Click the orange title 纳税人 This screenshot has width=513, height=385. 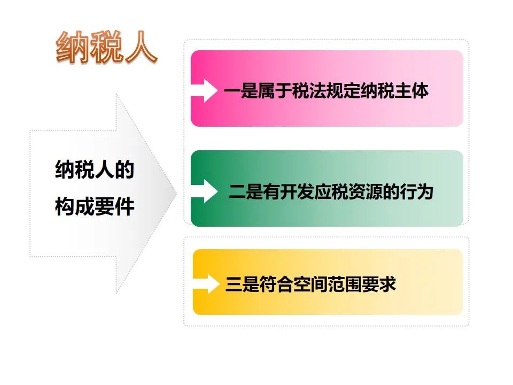click(106, 47)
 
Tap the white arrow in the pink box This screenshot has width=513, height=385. click(204, 90)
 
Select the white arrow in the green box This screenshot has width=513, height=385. click(204, 191)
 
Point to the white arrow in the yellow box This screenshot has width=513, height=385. click(206, 284)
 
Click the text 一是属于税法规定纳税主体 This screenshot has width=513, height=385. click(326, 91)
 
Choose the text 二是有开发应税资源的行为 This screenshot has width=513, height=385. click(331, 191)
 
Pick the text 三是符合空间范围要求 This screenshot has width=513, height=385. click(311, 284)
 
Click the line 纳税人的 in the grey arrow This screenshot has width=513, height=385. click(95, 170)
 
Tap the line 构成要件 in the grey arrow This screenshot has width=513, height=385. click(95, 206)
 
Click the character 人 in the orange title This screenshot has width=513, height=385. click(141, 47)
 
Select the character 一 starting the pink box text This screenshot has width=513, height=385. click(232, 91)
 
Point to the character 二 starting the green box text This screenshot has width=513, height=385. click(237, 191)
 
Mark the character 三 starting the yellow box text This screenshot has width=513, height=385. click(234, 284)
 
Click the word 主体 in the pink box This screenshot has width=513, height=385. click(411, 91)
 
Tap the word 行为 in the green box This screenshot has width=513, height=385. click(416, 191)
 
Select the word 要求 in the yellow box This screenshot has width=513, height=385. click(379, 284)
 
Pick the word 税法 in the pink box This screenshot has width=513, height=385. click(309, 91)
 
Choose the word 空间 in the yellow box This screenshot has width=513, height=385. click(311, 284)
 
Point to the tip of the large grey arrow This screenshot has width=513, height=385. click(177, 193)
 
